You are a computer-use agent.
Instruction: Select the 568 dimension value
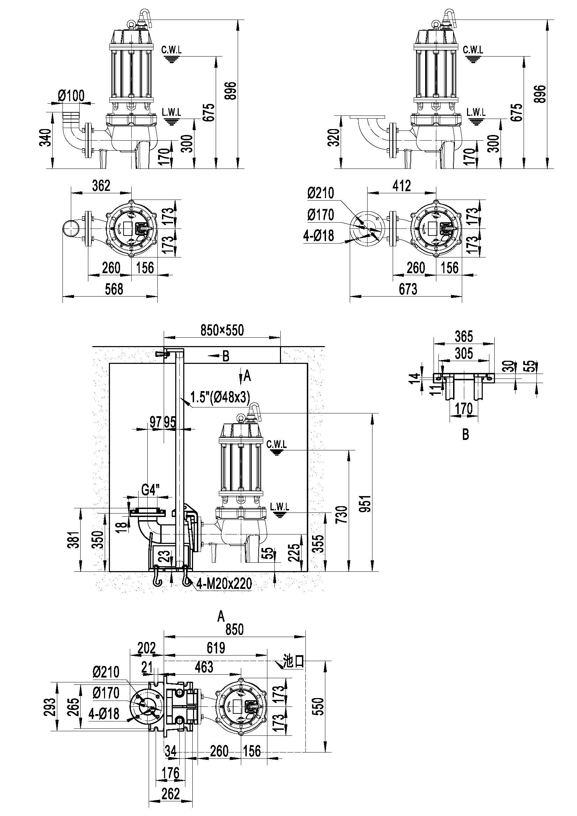114,289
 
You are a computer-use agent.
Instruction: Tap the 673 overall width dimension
408,289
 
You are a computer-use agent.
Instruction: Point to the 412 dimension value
402,186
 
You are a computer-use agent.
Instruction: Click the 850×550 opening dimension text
222,330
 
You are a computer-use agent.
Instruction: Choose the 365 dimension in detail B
464,336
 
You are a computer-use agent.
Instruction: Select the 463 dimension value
204,667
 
